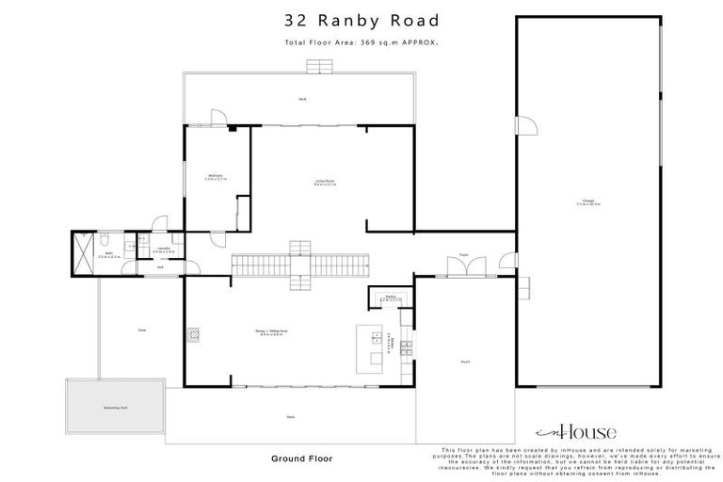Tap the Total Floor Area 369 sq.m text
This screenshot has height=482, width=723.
361,42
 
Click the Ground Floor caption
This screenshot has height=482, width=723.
302,458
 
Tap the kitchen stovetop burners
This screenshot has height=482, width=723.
406,347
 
